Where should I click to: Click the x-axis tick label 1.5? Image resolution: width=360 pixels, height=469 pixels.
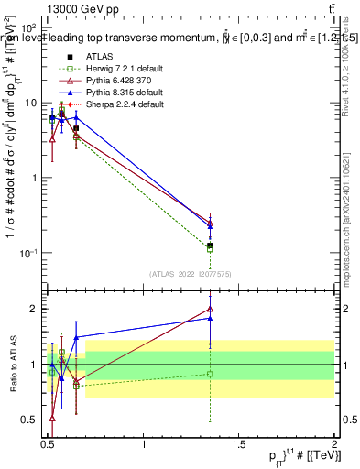pyautogui.click(x=239, y=446)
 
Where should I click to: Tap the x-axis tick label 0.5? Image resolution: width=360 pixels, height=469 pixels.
pyautogui.click(x=49, y=446)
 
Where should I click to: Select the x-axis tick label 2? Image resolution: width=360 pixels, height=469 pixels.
pyautogui.click(x=334, y=446)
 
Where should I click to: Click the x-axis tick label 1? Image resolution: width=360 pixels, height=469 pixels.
pyautogui.click(x=144, y=446)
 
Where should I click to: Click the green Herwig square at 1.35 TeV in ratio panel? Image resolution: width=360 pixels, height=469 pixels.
pyautogui.click(x=211, y=374)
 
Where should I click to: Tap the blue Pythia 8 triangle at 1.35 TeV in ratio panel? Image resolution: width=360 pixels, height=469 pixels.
pyautogui.click(x=211, y=318)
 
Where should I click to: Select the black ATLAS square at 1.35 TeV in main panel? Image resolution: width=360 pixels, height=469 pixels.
pyautogui.click(x=211, y=245)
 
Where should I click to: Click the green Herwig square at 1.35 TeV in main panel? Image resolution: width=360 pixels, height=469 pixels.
pyautogui.click(x=211, y=249)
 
